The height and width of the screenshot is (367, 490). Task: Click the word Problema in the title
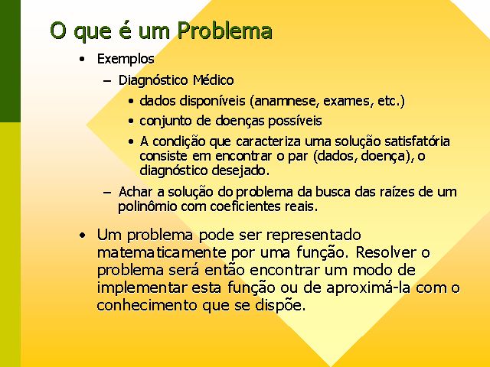(x=224, y=31)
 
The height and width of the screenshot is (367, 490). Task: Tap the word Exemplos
(x=126, y=59)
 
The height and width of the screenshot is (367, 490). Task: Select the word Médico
(x=214, y=80)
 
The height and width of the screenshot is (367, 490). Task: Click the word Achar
(x=136, y=192)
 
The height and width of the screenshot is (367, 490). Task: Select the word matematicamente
(x=162, y=252)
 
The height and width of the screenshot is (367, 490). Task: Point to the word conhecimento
(x=147, y=305)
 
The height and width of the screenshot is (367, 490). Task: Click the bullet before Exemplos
(x=82, y=59)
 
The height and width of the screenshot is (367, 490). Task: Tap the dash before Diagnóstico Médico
(x=107, y=81)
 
